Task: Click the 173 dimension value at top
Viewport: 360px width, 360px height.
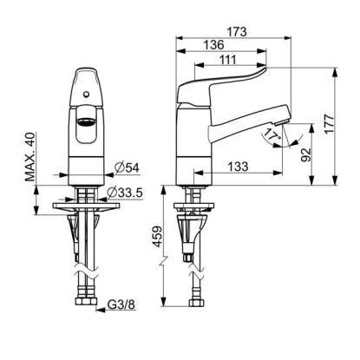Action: [236, 31]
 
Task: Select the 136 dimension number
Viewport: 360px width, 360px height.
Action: [213, 45]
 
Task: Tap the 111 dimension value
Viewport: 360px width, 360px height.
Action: [227, 60]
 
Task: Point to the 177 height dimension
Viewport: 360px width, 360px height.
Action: [329, 124]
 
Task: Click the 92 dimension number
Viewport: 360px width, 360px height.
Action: [305, 154]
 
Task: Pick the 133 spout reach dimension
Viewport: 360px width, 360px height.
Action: [238, 167]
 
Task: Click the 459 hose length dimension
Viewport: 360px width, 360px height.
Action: [158, 236]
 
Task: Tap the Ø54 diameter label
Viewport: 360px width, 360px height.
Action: [127, 167]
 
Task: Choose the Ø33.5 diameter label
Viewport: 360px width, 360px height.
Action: [125, 193]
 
